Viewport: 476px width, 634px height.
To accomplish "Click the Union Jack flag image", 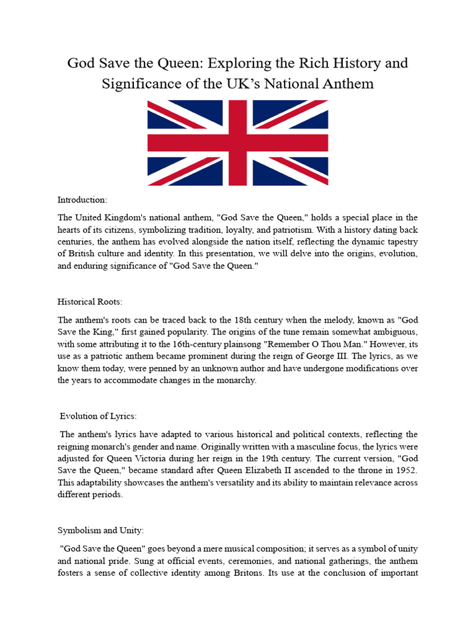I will pyautogui.click(x=237, y=143).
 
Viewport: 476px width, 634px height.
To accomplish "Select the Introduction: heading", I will pyautogui.click(x=82, y=200).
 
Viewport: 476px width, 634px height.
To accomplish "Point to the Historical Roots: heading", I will pyautogui.click(x=90, y=302).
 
